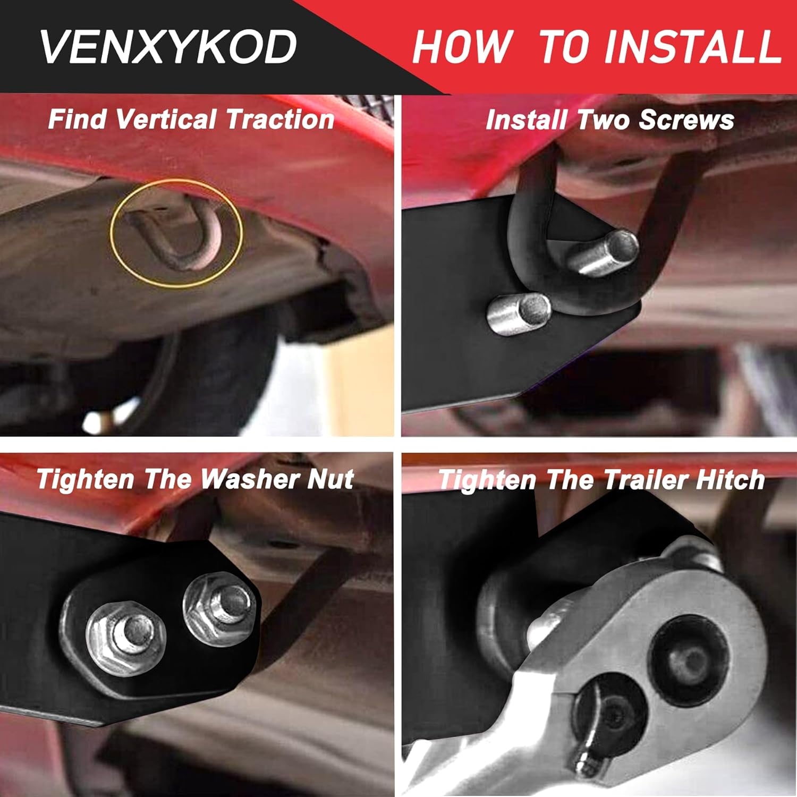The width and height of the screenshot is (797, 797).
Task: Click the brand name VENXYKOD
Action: click(168, 47)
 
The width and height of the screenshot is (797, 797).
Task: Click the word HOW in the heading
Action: click(463, 47)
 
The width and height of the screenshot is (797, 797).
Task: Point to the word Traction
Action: click(280, 118)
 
